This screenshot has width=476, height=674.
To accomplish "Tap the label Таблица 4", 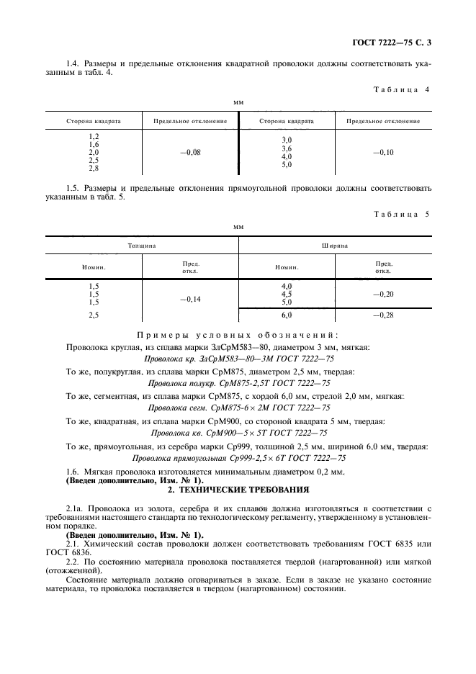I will tap(403, 89).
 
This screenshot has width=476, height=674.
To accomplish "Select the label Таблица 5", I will tap(403, 214).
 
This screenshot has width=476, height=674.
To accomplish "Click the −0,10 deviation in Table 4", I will tap(383, 152).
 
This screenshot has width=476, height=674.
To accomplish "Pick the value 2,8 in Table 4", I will tap(94, 168).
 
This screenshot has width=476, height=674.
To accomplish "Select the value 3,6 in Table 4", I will tap(287, 148).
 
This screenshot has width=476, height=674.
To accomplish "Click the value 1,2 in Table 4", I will tap(94, 136).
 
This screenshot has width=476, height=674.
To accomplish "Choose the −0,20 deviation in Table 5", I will tap(383, 295).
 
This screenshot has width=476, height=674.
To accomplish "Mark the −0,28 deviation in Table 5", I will tap(383, 315).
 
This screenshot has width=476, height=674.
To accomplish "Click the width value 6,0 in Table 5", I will tap(287, 315).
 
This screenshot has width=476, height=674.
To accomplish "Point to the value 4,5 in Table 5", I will tap(287, 294).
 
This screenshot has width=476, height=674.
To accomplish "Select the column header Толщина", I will tap(142, 246).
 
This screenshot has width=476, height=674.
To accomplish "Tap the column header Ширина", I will tap(335, 246).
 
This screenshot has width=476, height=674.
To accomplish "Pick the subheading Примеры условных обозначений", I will tap(238, 335).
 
